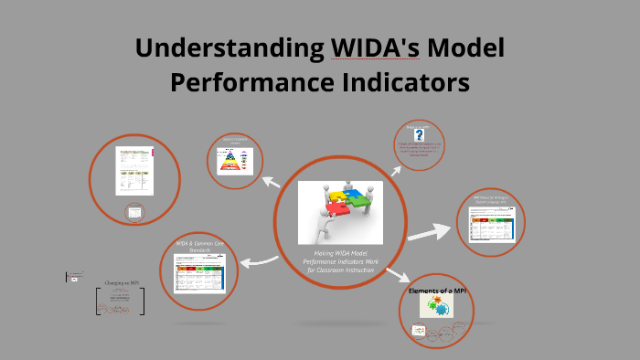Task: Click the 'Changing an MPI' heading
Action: (120, 283)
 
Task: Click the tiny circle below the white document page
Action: (134, 213)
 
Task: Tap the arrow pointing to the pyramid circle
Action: (271, 182)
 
